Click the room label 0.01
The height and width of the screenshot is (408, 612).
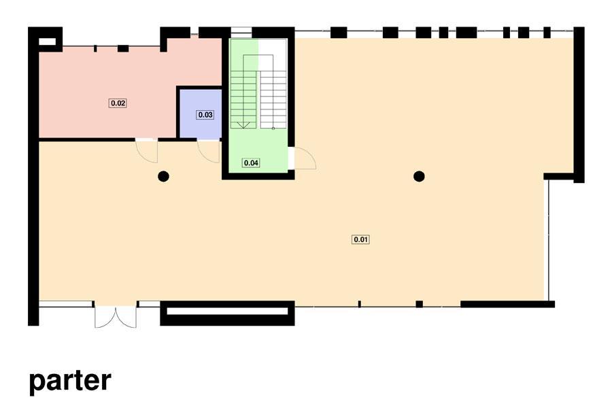[x=360, y=239]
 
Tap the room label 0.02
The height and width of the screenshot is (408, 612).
[x=118, y=103]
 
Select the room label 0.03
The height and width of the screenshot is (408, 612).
[x=205, y=115]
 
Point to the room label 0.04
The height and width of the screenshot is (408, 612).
[x=251, y=163]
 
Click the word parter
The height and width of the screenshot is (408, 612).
[x=70, y=381]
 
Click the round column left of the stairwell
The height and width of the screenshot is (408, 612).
[x=163, y=177]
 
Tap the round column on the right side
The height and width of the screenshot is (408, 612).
[x=419, y=177]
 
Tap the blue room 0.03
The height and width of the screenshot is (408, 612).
[x=201, y=114]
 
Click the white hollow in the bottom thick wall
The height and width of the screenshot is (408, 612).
[x=227, y=311]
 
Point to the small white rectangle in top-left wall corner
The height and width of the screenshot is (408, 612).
[x=47, y=41]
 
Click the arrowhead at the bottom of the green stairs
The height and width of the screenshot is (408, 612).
[x=243, y=125]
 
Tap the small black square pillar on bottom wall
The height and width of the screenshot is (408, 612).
[x=419, y=304]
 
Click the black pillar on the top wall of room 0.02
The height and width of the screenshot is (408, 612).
[x=123, y=48]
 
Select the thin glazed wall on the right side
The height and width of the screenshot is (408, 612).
[x=549, y=240]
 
